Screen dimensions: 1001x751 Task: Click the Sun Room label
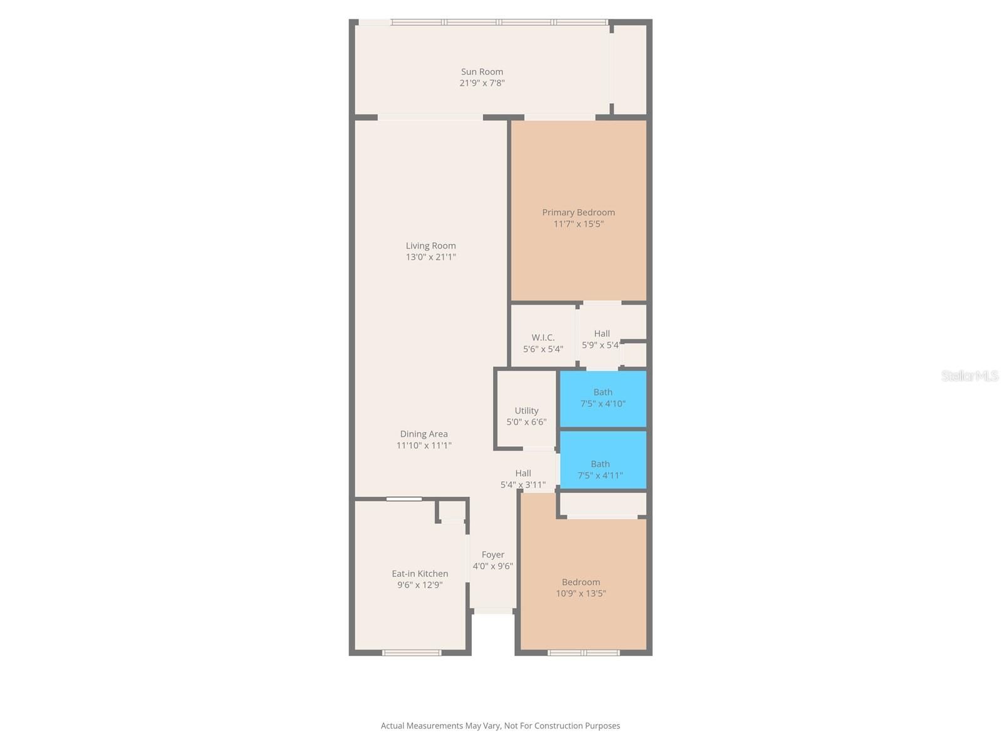(482, 71)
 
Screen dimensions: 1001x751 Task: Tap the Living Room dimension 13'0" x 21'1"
(430, 257)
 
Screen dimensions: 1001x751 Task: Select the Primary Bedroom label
(578, 212)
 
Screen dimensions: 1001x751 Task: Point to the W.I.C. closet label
(542, 337)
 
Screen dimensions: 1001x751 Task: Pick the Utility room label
(526, 411)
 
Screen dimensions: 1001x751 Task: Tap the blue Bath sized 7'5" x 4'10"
(603, 399)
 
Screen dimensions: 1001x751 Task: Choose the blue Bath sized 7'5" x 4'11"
(603, 459)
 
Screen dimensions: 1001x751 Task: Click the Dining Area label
(424, 434)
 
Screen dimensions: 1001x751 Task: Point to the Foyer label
(492, 554)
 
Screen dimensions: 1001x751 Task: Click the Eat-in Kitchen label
(420, 573)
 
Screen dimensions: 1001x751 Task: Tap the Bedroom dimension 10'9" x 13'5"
(581, 593)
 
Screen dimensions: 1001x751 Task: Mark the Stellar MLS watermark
(970, 375)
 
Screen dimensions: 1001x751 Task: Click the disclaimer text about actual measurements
(500, 725)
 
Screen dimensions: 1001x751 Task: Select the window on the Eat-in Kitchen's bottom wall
(411, 653)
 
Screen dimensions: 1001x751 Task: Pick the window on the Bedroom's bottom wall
(583, 653)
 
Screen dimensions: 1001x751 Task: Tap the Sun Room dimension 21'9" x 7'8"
(482, 83)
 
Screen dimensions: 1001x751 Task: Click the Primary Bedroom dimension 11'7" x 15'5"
(578, 224)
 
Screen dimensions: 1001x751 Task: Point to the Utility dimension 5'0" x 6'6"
(526, 422)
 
